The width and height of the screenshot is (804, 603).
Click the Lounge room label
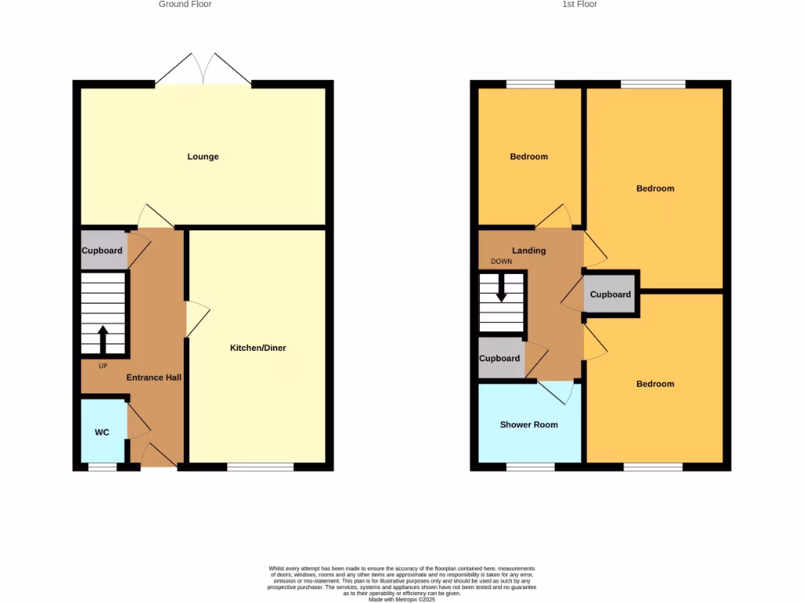tap(203, 156)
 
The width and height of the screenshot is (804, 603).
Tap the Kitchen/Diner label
tap(258, 348)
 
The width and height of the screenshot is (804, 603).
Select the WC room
tap(103, 432)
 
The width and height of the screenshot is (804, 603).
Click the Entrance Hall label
tap(154, 378)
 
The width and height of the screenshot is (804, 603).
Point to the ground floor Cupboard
tap(103, 250)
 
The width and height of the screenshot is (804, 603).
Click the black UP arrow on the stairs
tap(103, 340)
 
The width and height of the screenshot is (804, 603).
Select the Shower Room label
tap(529, 425)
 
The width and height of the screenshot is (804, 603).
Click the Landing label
tap(528, 250)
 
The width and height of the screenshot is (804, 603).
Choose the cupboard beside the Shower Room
tap(500, 358)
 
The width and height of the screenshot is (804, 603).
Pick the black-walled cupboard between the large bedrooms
tap(610, 294)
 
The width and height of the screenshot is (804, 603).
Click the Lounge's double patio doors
tap(203, 70)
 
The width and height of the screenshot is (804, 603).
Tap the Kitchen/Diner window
tap(261, 467)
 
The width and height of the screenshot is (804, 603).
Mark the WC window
tap(102, 467)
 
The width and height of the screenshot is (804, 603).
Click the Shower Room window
tap(530, 467)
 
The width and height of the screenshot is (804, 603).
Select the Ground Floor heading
tap(185, 5)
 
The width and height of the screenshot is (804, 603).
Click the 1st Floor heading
tap(580, 5)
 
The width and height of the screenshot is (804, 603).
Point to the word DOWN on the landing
tap(501, 261)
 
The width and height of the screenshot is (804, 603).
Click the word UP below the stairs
tap(103, 366)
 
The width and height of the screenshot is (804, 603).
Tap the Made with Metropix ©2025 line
tap(401, 599)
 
